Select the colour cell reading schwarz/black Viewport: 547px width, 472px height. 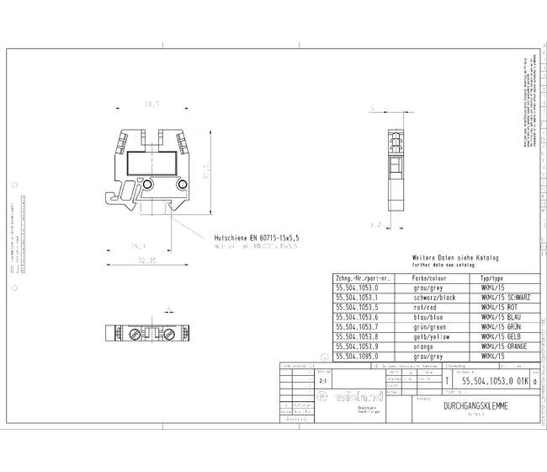tap(435, 297)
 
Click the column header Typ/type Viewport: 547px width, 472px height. tap(491, 277)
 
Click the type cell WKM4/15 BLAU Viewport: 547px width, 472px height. tap(499, 317)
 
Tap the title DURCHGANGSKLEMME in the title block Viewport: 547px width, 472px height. tap(475, 405)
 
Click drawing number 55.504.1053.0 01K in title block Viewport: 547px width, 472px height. tap(496, 382)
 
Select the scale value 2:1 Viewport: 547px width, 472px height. tap(301, 381)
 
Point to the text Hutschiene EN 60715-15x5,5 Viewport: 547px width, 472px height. tap(258, 239)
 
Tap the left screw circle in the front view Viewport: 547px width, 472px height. tap(147, 185)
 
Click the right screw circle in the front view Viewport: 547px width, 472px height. tap(181, 185)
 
